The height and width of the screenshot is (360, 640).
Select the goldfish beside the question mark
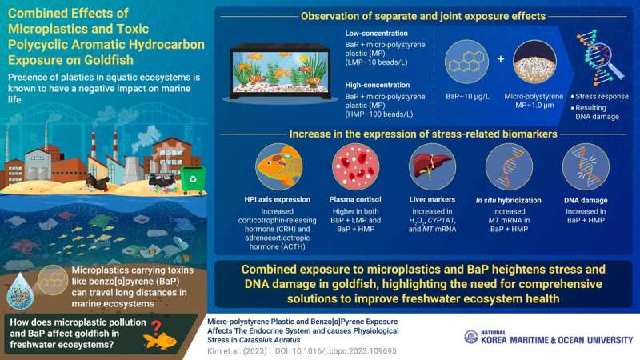[160, 341]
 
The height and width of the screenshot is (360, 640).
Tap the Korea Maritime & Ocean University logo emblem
[471, 337]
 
